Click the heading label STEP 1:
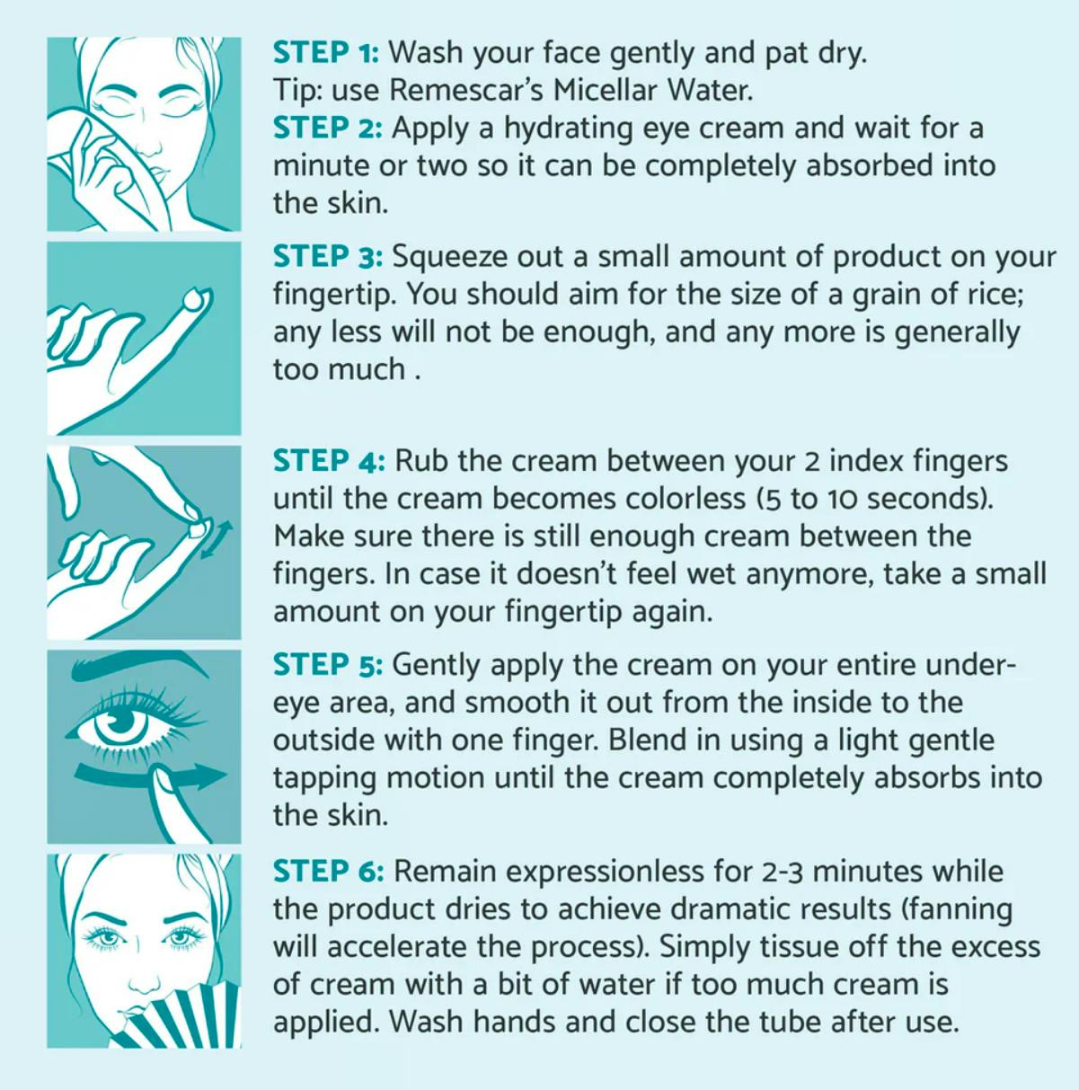pos(326,53)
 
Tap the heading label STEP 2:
pos(328,128)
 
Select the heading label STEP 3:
pos(328,257)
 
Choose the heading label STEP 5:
pos(328,664)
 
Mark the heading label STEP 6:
pos(329,871)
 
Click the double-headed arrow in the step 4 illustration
pos(217,541)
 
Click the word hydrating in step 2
pos(569,129)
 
